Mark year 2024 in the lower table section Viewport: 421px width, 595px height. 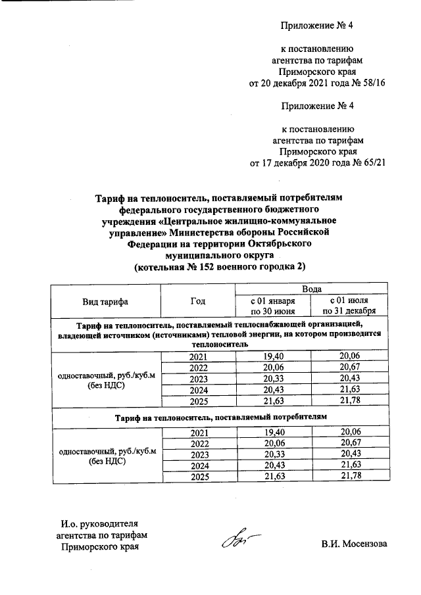pos(198,466)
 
